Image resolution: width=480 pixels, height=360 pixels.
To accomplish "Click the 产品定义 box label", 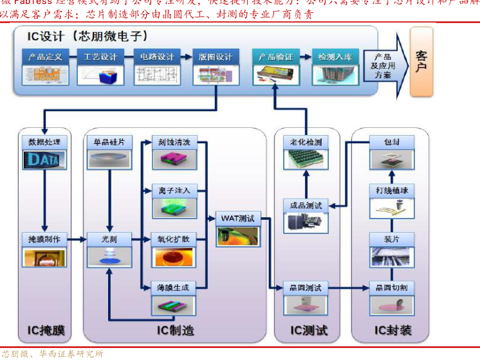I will pyautogui.click(x=45, y=57).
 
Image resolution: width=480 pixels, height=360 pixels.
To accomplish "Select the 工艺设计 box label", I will pyautogui.click(x=100, y=57).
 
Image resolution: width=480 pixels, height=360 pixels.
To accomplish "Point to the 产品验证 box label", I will pyautogui.click(x=275, y=57).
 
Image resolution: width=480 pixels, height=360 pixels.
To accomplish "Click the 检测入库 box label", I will pyautogui.click(x=335, y=57).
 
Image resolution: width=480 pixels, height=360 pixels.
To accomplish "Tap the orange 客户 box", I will pyautogui.click(x=421, y=62).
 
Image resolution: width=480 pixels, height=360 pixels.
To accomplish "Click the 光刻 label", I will pyautogui.click(x=109, y=239).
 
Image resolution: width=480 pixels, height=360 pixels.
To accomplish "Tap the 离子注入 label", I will pyautogui.click(x=174, y=191).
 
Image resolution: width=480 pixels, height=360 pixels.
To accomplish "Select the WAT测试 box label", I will pyautogui.click(x=238, y=218).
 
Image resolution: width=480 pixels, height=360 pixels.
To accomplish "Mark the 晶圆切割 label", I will pyautogui.click(x=391, y=287).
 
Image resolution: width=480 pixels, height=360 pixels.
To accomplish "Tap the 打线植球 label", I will pyautogui.click(x=391, y=190).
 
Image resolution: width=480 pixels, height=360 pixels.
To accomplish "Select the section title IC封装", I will pyautogui.click(x=392, y=330).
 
